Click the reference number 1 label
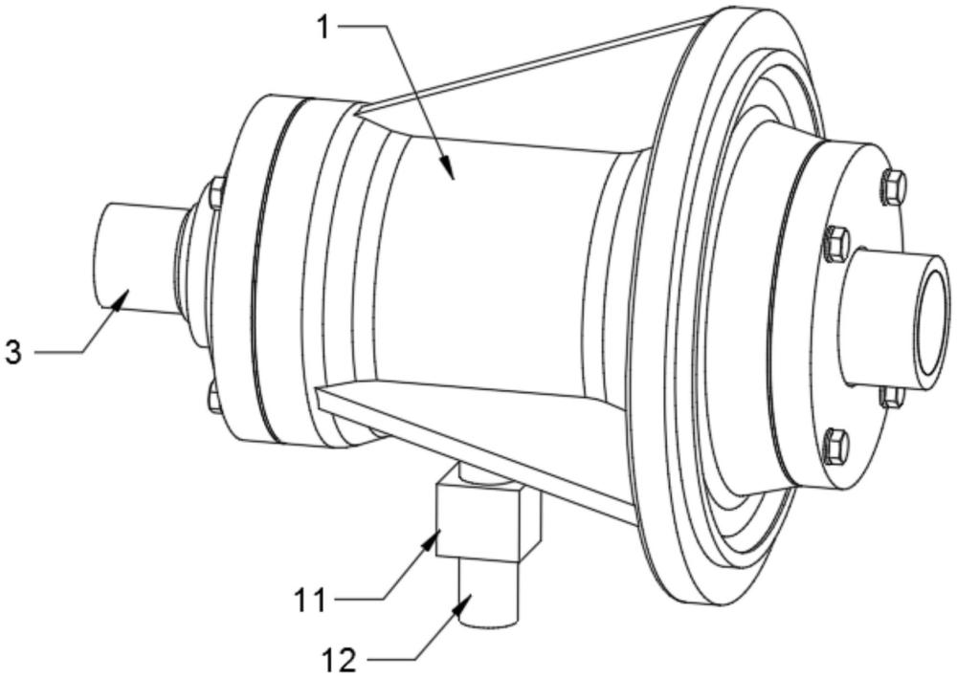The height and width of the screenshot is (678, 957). click(324, 27)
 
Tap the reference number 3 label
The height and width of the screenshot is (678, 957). click(12, 352)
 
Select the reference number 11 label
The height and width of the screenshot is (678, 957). click(310, 601)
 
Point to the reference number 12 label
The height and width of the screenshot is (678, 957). click(340, 660)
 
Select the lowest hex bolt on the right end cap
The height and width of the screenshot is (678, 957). click(835, 446)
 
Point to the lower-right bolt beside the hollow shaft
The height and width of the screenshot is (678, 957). click(892, 395)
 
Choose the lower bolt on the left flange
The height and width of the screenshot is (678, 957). click(214, 396)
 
